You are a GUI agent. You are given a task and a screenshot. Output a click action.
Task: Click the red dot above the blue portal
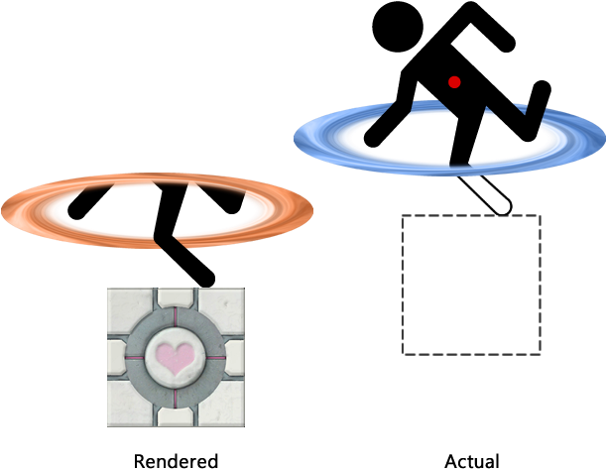(454, 82)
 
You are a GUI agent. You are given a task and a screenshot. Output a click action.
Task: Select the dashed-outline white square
(471, 285)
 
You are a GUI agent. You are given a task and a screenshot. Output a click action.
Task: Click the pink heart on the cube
(175, 358)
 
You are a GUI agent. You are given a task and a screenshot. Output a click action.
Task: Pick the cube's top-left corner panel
(128, 308)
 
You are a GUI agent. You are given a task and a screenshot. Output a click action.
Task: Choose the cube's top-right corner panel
(223, 308)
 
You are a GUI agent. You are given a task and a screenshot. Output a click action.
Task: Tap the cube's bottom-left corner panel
(128, 406)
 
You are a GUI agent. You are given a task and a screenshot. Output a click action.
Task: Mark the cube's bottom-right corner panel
(223, 406)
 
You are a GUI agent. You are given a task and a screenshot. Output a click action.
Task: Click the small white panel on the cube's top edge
(176, 296)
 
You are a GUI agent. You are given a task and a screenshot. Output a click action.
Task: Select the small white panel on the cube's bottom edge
(176, 417)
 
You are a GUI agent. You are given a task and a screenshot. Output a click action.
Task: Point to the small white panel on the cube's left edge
(116, 357)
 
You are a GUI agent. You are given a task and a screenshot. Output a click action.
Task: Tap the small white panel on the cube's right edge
(235, 357)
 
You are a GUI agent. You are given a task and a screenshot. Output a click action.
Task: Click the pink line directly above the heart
(176, 319)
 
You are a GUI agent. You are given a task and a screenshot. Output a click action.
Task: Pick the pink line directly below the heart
(176, 395)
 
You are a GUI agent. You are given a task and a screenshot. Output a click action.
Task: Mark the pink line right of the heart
(215, 357)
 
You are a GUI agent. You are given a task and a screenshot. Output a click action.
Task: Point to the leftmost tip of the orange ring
(4, 210)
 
